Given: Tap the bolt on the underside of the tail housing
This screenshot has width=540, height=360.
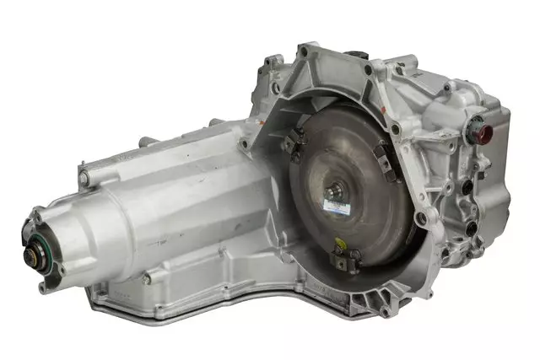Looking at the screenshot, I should tap(146, 278).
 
